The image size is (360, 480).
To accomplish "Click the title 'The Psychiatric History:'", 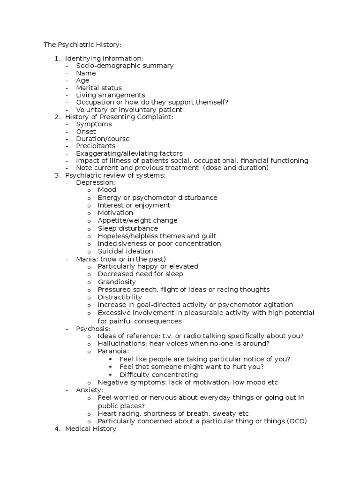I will coord(82,45).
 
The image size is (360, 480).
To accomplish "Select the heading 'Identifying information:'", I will coord(104,58).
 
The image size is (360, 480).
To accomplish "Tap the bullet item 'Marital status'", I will coord(99,88).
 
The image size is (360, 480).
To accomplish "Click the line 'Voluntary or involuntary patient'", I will coord(129,110).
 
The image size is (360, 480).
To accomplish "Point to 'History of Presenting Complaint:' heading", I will coord(119,117).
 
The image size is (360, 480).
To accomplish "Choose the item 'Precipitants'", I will coord(96,146).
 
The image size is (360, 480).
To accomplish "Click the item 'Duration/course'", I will coord(103,139).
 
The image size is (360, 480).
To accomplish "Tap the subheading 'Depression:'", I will coord(96,182).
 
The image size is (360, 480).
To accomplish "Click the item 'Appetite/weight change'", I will coord(137,220).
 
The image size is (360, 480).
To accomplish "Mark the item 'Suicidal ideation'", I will coord(125,251).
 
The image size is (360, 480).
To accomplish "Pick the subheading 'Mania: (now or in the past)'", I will coord(121,259).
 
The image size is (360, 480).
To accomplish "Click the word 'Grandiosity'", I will coord(117,282).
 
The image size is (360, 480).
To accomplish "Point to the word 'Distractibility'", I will coord(120,297).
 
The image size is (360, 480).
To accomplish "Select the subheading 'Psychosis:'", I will coord(93,329).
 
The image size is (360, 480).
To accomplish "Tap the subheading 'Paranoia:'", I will coord(113,351).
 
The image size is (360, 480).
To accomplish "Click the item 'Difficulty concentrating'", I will coord(158,375).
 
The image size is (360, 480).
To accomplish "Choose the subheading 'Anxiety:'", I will coord(90,390).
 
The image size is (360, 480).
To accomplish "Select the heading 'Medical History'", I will coord(90,428).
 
